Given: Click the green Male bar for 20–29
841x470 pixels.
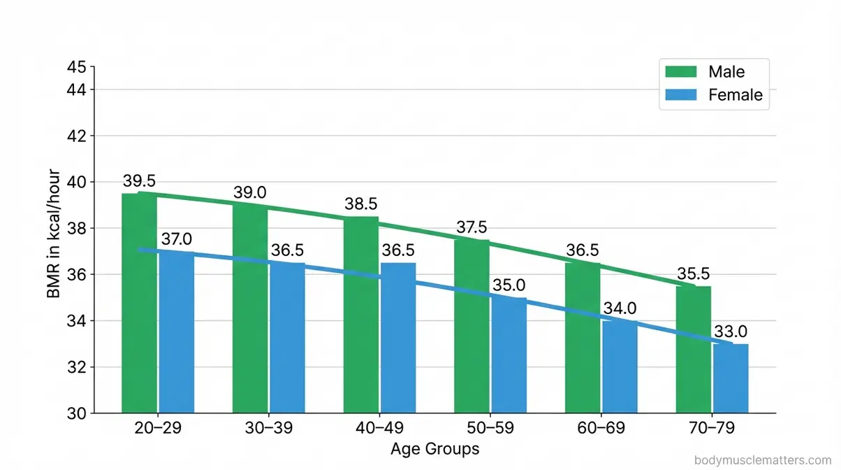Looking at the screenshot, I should tap(139, 303).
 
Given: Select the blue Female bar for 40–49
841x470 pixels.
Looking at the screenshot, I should tap(398, 338).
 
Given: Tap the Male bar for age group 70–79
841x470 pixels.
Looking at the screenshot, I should tap(694, 350).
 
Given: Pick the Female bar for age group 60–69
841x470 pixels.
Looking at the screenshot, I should tap(620, 367).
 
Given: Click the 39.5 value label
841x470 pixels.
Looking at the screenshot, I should tap(139, 180).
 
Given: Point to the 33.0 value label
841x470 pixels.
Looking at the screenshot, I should tap(731, 332).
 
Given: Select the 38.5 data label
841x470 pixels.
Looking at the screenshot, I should tap(361, 204).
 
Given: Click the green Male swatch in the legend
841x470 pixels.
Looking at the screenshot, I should tap(681, 71).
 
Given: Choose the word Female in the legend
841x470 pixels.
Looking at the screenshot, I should tap(736, 95).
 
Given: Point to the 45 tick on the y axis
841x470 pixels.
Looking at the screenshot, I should tap(76, 67).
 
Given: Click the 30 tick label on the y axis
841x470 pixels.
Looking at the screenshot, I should tap(76, 413).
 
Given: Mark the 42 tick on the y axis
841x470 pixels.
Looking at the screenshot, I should tap(76, 136).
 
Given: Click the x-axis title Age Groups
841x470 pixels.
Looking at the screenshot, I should tap(434, 448).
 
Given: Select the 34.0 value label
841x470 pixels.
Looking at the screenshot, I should tap(620, 308).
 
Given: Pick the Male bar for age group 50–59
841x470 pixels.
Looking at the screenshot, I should tap(472, 326).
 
